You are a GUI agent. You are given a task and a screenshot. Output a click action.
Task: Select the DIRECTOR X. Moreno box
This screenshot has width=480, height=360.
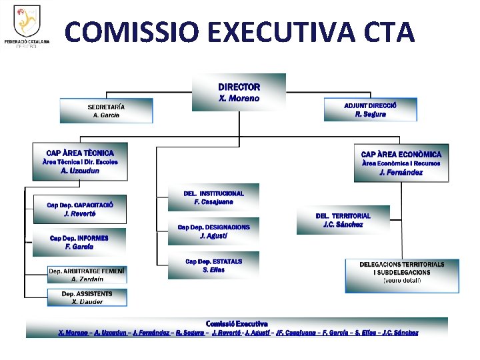coord(239,93)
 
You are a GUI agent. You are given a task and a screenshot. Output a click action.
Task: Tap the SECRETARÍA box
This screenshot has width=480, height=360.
coord(106,111)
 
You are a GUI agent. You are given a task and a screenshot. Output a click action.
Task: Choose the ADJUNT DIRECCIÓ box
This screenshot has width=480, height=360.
coord(371,110)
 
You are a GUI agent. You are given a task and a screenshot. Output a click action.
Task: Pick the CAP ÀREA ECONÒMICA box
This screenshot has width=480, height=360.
coord(401,163)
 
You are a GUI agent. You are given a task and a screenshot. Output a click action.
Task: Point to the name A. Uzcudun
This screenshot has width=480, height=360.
coord(80,171)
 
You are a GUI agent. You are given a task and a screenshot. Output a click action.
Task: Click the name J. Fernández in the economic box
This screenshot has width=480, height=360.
coord(401,173)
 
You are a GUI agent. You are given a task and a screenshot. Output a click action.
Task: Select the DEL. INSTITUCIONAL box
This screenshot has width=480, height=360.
coord(213,197)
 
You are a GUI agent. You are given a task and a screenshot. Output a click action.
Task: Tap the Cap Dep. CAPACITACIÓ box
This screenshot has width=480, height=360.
coord(79,209)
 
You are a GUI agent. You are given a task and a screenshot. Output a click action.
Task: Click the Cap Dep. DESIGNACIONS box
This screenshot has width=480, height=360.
coord(213,231)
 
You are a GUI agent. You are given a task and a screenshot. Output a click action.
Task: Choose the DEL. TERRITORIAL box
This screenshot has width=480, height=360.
coord(343,220)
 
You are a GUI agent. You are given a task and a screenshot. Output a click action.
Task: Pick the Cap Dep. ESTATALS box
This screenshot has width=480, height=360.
coord(213,265)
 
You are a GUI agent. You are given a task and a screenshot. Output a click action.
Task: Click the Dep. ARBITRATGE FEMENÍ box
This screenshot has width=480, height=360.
coord(87,275)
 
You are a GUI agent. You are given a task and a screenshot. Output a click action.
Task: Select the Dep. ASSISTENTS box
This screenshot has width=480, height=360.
coord(87,297)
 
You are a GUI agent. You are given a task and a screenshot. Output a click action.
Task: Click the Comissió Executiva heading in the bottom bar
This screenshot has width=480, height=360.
coord(237,323)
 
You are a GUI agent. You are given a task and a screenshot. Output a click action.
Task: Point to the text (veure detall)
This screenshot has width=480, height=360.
coord(401,281)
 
